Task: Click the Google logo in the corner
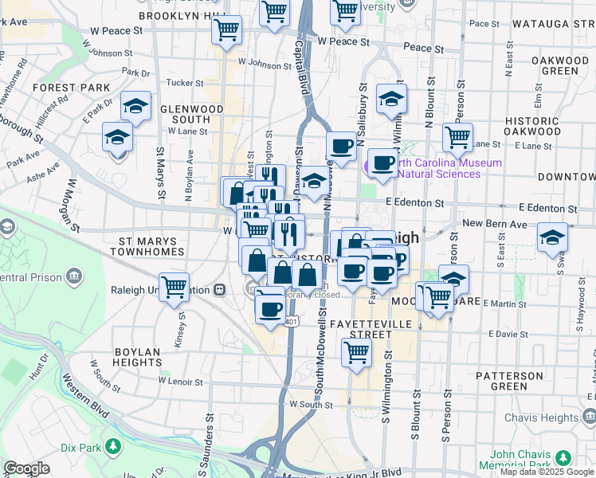26,468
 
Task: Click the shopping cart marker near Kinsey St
174,285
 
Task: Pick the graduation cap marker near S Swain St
552,237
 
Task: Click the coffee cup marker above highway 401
269,304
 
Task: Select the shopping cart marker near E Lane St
457,135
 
